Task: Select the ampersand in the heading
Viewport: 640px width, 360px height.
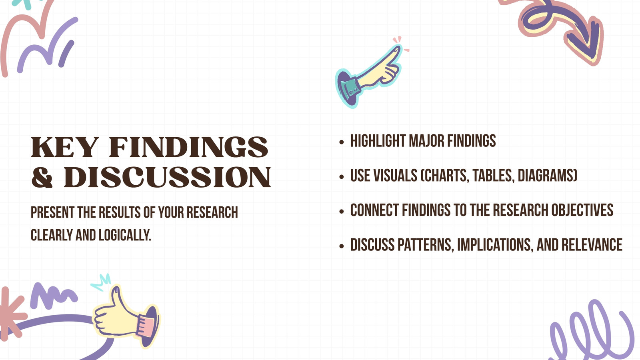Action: point(42,178)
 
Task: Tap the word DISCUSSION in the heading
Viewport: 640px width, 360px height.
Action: point(167,178)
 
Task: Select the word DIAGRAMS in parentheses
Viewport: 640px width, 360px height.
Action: point(548,176)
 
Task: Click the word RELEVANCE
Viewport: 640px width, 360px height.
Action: point(592,245)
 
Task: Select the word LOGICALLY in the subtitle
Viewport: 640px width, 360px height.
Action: point(125,235)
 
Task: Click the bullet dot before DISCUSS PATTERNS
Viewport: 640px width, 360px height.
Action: point(342,246)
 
